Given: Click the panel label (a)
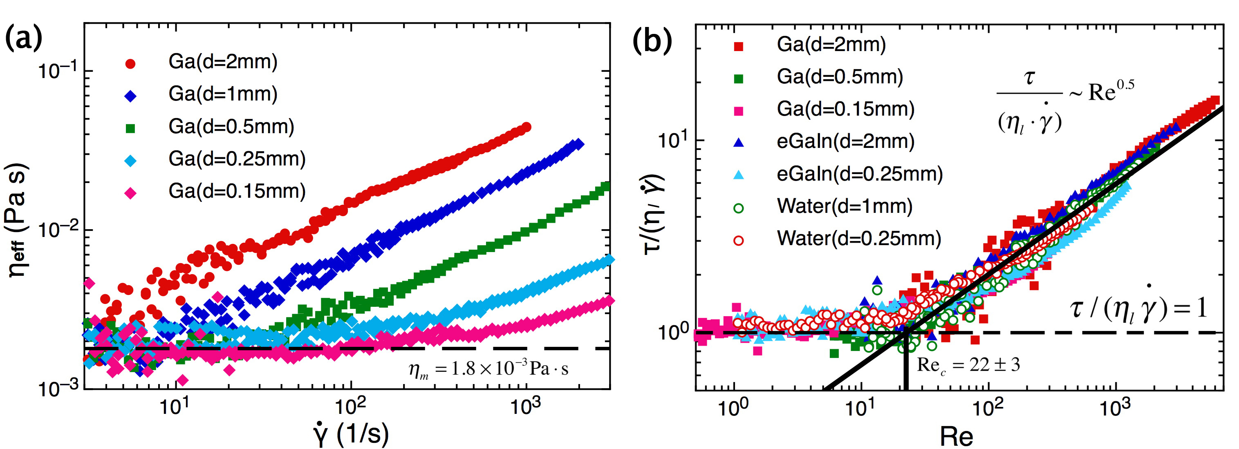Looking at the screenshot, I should (x=24, y=38).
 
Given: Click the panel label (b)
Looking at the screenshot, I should (x=652, y=41).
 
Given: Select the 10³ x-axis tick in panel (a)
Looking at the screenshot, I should (x=525, y=407).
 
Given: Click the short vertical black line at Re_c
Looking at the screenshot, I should (x=906, y=360).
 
